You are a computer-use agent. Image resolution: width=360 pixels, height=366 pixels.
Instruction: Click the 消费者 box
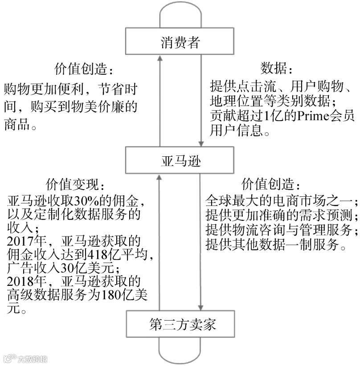click(180, 43)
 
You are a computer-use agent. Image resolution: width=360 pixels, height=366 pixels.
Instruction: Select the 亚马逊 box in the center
click(180, 160)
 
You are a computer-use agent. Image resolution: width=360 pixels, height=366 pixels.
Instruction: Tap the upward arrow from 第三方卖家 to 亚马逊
click(160, 240)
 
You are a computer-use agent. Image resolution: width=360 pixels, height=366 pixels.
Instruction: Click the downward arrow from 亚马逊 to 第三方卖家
click(201, 240)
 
